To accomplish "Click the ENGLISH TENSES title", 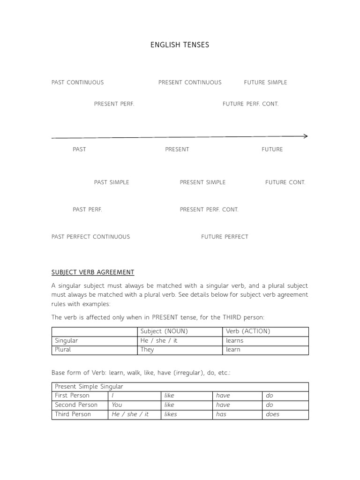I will (180, 45).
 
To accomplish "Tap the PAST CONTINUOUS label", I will (77, 82).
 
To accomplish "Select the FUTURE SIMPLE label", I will (265, 82).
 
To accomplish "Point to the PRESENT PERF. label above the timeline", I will (114, 104).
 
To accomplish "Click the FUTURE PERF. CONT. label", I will (250, 104).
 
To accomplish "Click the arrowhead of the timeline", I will (306, 136).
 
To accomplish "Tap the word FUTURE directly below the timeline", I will (272, 150).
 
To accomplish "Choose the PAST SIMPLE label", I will (112, 182).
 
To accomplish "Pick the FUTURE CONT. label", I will (285, 182).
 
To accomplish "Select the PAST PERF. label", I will (87, 210).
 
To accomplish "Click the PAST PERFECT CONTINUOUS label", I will (90, 237).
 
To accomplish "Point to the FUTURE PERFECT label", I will (225, 237).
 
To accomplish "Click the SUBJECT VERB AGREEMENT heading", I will (93, 272).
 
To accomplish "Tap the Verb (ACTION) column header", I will (248, 331).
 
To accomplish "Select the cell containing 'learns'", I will (235, 341).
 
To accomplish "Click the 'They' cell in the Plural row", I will (147, 350).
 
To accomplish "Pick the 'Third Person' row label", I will (73, 414).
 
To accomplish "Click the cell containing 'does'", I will (272, 414).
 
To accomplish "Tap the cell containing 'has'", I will (221, 414).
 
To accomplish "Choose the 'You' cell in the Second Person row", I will (117, 405).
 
